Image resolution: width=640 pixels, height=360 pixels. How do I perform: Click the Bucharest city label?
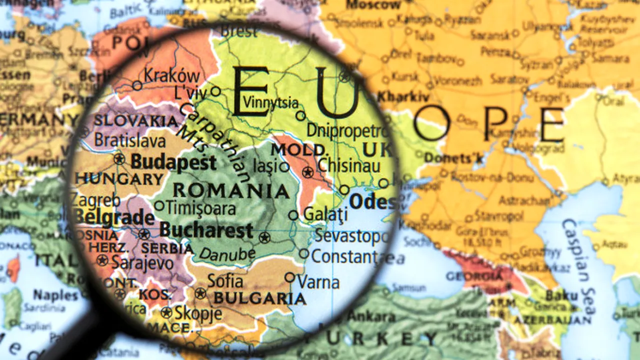[206, 230]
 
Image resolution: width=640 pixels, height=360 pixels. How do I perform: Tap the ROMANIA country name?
[230, 190]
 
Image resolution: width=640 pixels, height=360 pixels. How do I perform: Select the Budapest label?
[173, 162]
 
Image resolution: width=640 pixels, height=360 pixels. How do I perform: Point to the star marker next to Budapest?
[119, 159]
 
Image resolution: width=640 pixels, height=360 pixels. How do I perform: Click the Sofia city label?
[225, 281]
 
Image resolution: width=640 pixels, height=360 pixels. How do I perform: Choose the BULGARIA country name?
[259, 298]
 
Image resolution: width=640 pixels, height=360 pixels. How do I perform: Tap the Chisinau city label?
[349, 165]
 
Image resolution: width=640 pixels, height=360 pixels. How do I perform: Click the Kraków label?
[171, 76]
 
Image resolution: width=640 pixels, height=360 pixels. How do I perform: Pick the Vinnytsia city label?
[270, 103]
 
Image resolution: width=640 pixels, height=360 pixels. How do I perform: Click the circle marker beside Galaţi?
[293, 215]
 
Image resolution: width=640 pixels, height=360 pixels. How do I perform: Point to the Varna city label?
[318, 282]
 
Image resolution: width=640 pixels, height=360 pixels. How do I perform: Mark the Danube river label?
[227, 254]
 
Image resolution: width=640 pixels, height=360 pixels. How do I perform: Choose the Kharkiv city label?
[403, 96]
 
